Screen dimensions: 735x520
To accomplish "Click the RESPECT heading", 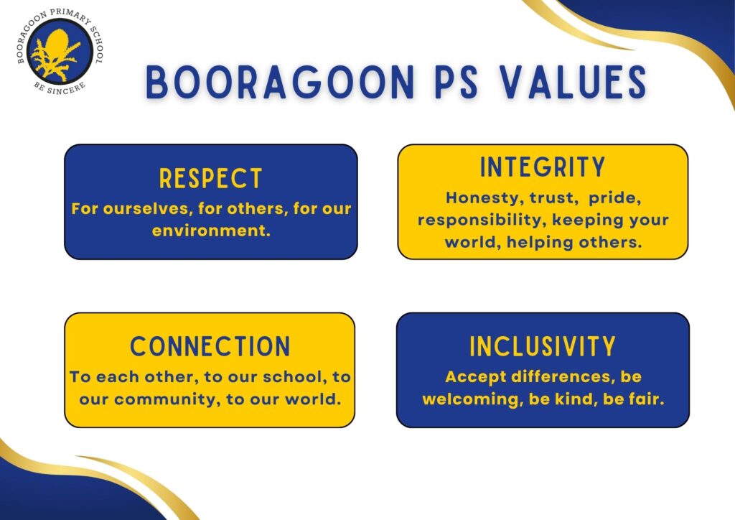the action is tap(210, 178).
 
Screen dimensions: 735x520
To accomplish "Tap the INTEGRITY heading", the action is tap(543, 167).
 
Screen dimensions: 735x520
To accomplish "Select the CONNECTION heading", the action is tap(210, 346).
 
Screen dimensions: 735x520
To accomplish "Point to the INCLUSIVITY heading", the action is tap(543, 346).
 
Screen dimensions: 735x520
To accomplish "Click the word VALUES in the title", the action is tap(573, 82).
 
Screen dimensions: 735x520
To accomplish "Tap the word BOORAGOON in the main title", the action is tap(280, 82).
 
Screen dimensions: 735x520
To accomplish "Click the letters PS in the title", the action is tap(457, 82).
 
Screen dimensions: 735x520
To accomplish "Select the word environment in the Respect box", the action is tap(211, 231).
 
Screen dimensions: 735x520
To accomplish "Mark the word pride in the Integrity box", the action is tap(615, 198).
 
